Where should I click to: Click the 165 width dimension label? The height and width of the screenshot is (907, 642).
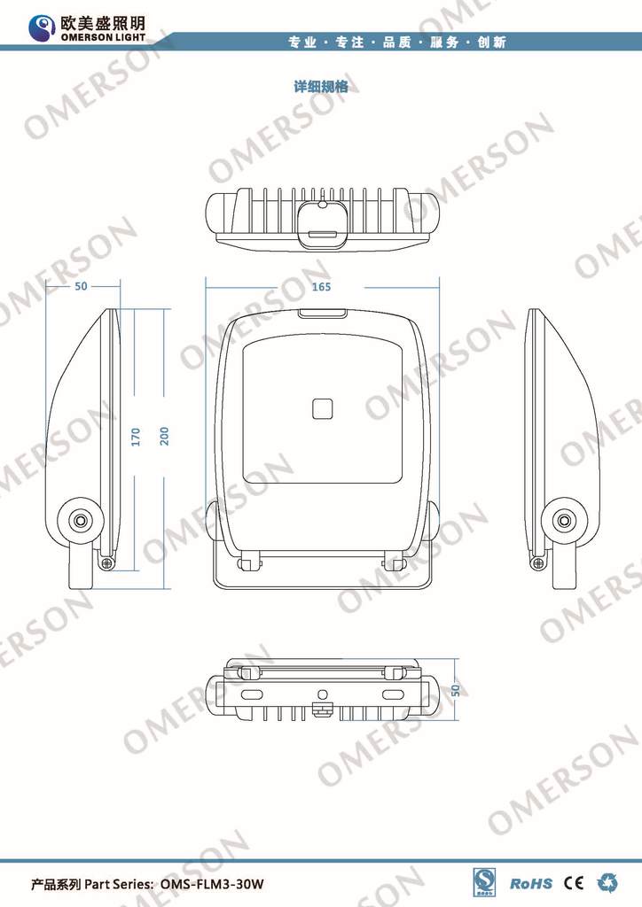[x=321, y=286]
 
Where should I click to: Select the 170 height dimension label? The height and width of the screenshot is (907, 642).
[x=136, y=437]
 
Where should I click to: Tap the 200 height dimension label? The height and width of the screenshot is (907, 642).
[x=164, y=437]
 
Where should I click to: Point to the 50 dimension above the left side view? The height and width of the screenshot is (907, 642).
[x=81, y=286]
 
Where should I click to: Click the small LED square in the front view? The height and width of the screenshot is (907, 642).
[x=321, y=408]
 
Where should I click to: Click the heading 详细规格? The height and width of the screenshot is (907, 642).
[x=320, y=87]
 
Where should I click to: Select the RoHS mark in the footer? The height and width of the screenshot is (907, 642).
[x=531, y=883]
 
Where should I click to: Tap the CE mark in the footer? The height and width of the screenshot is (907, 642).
[x=574, y=882]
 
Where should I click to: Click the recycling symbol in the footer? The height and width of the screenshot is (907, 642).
[x=608, y=882]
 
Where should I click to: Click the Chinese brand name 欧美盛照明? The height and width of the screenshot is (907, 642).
[x=102, y=21]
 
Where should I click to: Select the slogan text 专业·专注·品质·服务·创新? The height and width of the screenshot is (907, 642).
[x=397, y=42]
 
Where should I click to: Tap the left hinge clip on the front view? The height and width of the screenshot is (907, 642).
[x=249, y=560]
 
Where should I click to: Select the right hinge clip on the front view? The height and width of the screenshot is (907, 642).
[x=393, y=560]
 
